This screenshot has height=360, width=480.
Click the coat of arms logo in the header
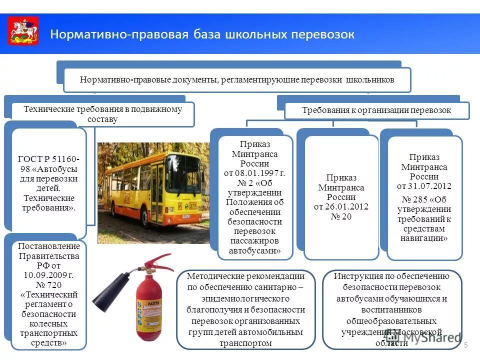[23, 31]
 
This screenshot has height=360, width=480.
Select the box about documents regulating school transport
[237, 80]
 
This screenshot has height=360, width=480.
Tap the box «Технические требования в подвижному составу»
[103, 114]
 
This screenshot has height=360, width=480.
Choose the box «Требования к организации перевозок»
[377, 110]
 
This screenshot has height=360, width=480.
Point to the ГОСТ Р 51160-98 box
[48, 183]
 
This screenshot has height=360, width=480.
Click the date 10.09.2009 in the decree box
[44, 275]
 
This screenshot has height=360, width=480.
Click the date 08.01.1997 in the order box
[254, 173]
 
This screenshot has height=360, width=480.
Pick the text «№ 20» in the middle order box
[341, 216]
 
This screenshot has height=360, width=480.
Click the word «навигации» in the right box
[424, 238]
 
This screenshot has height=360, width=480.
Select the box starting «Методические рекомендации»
[245, 309]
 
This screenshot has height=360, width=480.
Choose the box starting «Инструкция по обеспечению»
[392, 309]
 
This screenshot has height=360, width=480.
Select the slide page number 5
[466, 345]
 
